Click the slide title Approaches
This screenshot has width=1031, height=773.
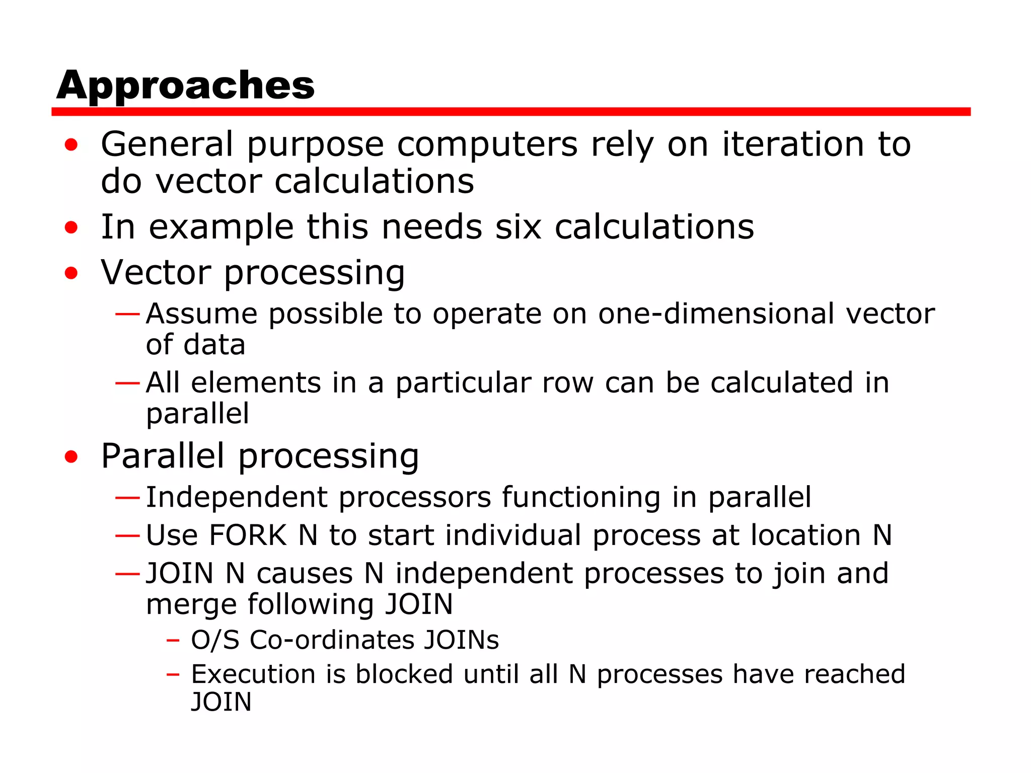[185, 86]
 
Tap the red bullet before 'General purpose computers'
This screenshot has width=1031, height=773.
[71, 145]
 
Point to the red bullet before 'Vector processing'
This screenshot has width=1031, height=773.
[71, 273]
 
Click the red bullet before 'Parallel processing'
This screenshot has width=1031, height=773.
[71, 457]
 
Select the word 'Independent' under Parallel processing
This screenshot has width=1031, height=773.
[237, 498]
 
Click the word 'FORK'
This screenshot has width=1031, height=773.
[248, 535]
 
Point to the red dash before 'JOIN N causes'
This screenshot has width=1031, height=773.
[127, 574]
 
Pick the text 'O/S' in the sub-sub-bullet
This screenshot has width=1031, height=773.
[215, 640]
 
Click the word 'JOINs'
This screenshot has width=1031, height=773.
[461, 640]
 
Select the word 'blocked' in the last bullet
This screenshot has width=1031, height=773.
[404, 674]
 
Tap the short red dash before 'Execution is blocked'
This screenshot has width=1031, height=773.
[173, 674]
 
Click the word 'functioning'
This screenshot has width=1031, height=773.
[581, 498]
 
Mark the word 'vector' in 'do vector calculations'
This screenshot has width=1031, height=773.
[208, 182]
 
